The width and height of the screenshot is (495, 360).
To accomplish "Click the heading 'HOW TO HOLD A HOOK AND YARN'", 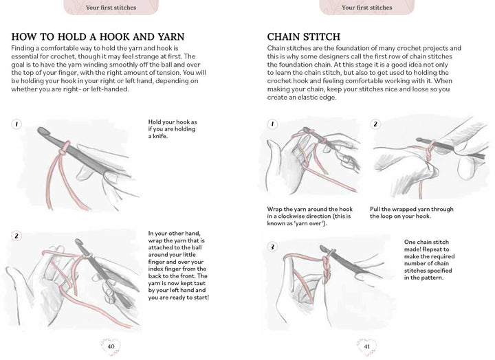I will point(98,36).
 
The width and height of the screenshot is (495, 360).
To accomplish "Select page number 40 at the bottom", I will point(111,346).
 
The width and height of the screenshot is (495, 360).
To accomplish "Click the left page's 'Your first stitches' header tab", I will point(111,8).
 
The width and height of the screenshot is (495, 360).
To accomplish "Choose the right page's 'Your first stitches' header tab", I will point(366,8).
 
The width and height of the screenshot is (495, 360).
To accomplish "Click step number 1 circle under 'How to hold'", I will point(16,124).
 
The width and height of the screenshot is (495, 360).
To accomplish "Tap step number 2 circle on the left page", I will point(16,236).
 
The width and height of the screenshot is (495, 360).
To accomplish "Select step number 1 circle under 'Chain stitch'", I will point(272,124).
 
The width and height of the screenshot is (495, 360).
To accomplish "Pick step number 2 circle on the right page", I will point(375,124).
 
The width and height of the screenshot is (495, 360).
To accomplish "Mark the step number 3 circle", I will point(272,247).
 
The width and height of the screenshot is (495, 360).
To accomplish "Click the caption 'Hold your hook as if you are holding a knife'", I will point(173,129).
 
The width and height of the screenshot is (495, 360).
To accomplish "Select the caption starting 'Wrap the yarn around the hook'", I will point(313,216).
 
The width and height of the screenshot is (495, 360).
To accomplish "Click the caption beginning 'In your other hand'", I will point(178,265).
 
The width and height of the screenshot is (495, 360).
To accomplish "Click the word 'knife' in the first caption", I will point(158,136).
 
